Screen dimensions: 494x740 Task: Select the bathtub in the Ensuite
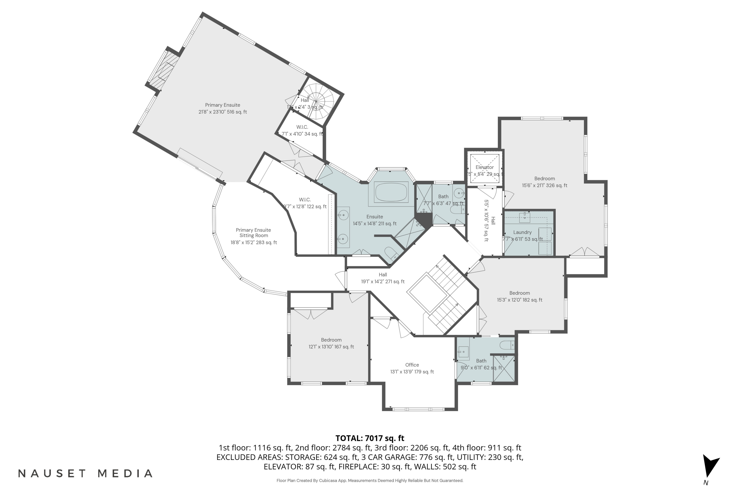tap(391, 192)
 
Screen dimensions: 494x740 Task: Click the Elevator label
tap(484, 167)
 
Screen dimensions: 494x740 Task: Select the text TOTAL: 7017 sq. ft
tap(370, 438)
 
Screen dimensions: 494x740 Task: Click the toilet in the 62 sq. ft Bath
tap(507, 345)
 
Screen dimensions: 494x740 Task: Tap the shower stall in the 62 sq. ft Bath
tap(504, 369)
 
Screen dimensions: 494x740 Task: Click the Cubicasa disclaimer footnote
tap(370, 480)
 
